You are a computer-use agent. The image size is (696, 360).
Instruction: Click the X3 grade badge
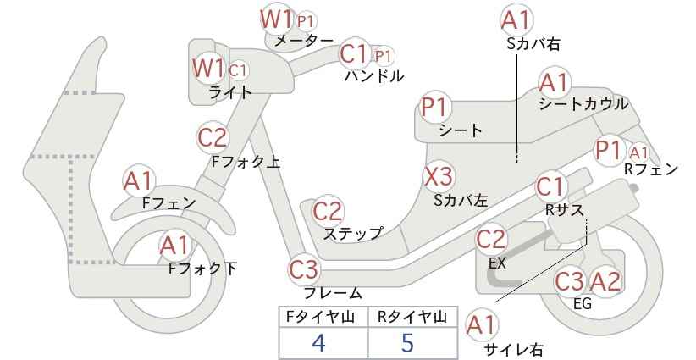[x=439, y=177]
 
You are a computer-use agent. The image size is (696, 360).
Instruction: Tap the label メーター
[x=304, y=41]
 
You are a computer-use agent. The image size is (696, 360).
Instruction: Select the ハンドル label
[x=374, y=76]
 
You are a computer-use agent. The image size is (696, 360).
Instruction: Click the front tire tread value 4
[x=318, y=343]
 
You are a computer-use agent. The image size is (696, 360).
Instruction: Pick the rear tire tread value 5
[x=407, y=343]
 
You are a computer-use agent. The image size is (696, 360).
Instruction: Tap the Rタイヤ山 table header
[x=412, y=317]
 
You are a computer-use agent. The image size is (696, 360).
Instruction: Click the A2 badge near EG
[x=605, y=281]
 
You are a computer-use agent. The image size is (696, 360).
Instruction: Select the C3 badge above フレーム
[x=305, y=269]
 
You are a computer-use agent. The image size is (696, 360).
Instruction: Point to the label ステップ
[x=352, y=234]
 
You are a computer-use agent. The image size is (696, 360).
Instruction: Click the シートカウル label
[x=583, y=104]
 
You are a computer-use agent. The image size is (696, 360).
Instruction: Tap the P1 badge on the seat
[x=436, y=107]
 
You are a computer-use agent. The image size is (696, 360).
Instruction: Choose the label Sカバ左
[x=461, y=201]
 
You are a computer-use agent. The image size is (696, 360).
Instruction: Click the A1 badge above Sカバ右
[x=516, y=20]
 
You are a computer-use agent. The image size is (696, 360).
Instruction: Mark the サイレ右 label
[x=514, y=350]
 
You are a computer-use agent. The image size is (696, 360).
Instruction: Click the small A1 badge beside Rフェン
[x=638, y=153]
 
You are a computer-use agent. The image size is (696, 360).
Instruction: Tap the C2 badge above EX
[x=491, y=240]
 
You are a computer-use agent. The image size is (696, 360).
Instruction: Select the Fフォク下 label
[x=203, y=269]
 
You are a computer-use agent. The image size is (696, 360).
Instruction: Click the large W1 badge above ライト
[x=208, y=69]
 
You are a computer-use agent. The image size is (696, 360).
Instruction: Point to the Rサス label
[x=564, y=210]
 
